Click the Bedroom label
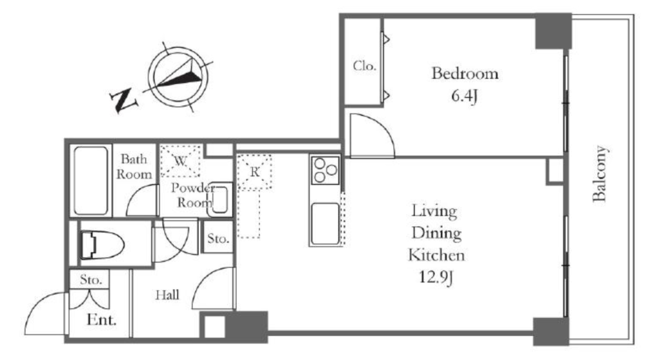tap(465, 73)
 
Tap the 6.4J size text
tap(465, 97)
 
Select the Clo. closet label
tap(364, 66)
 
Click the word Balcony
tap(600, 174)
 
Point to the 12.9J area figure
tap(436, 277)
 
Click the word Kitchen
tap(437, 255)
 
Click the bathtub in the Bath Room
tap(91, 180)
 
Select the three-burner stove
tap(326, 170)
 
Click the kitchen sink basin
tap(325, 223)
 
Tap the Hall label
tap(167, 295)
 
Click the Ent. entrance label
tap(101, 320)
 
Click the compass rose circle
tap(178, 77)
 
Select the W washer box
tap(180, 160)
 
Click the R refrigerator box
tap(254, 172)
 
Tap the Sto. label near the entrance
tap(91, 279)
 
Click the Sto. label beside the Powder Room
tap(218, 238)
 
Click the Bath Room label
tap(134, 167)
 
